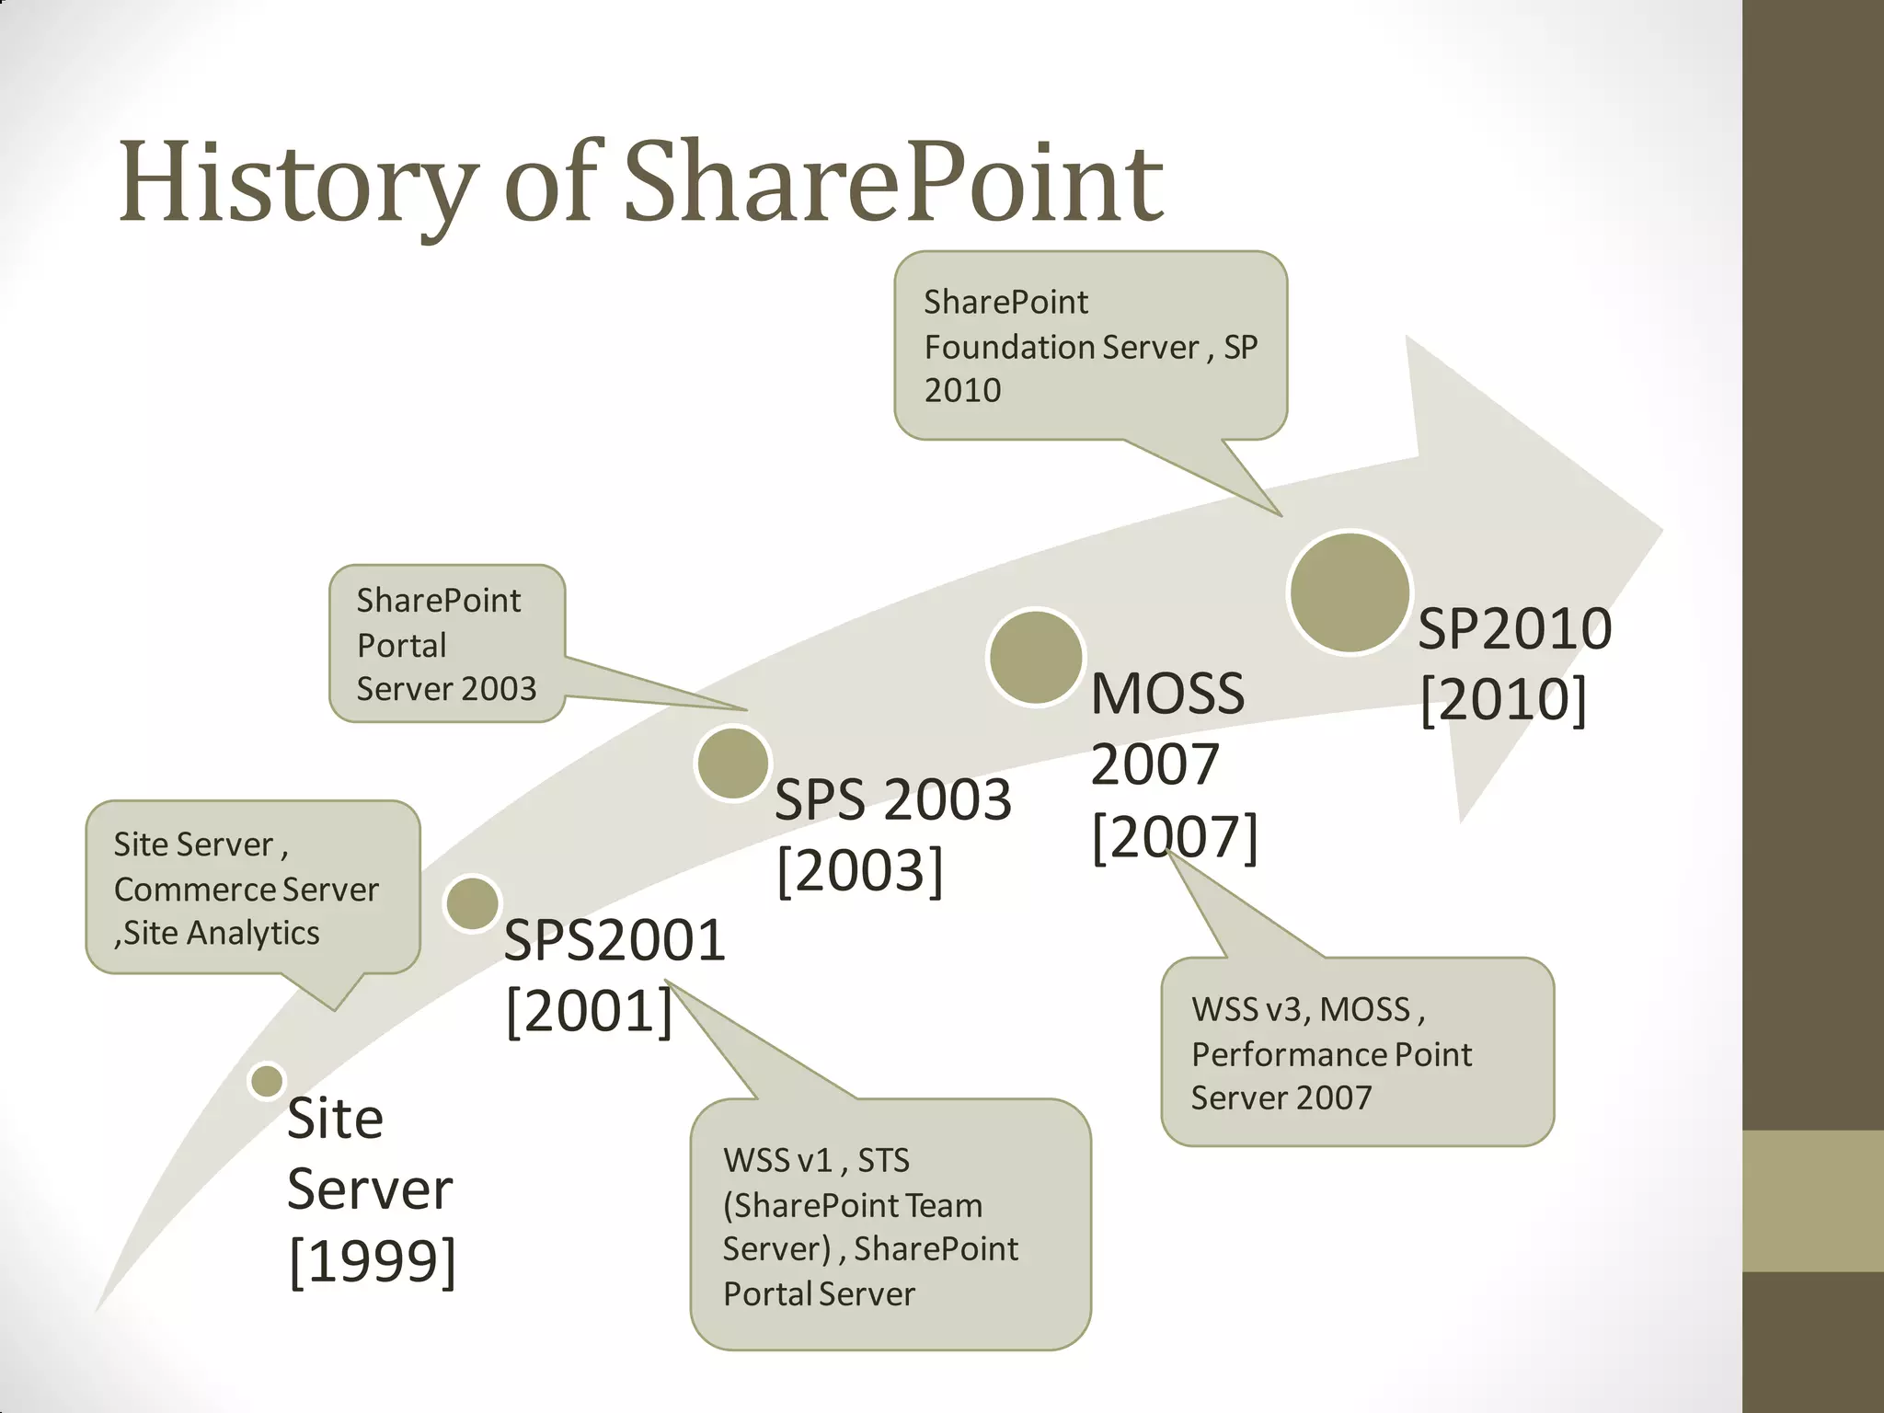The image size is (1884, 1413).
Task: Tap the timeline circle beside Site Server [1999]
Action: (x=267, y=1081)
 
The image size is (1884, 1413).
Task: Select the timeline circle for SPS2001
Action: (x=472, y=903)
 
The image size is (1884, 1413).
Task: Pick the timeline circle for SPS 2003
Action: (x=732, y=764)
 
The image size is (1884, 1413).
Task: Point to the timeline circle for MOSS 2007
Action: (x=1035, y=657)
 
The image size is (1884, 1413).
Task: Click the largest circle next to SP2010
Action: (x=1350, y=592)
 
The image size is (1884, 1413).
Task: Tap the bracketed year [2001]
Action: (x=590, y=1010)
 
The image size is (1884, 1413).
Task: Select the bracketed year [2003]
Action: (x=860, y=869)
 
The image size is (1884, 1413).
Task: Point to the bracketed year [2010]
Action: (x=1503, y=699)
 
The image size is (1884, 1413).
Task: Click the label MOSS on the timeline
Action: (x=1167, y=694)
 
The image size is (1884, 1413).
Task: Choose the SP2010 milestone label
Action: (x=1514, y=629)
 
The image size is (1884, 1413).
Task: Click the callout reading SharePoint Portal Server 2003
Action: (x=447, y=644)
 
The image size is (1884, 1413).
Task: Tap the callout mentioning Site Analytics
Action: (x=252, y=888)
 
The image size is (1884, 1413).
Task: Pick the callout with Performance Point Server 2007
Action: (x=1357, y=1052)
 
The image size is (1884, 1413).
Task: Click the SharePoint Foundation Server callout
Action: (x=1090, y=346)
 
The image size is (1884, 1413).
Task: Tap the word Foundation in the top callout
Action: (x=1008, y=347)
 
